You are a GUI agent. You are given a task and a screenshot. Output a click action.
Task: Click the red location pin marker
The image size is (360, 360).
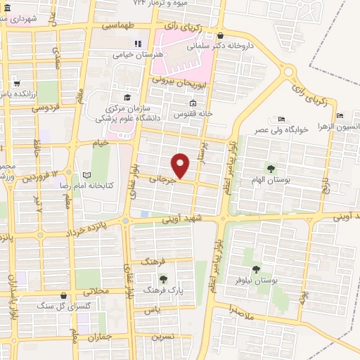coord(181,166)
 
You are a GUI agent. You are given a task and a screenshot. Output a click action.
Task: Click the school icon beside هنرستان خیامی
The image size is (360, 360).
coord(138,44)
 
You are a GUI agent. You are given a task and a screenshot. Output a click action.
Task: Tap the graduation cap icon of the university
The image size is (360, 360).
coord(127,98)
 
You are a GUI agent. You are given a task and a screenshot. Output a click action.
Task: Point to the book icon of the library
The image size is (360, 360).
coord(87,174)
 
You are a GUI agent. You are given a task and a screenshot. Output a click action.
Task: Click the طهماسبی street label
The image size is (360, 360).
coord(117,25)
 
